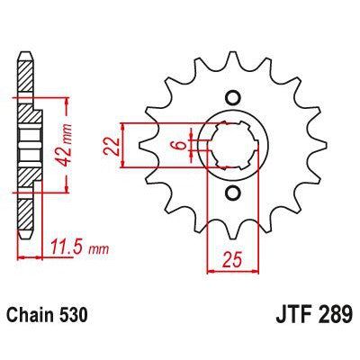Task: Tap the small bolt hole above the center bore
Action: pyautogui.click(x=232, y=98)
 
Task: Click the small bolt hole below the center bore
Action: pyautogui.click(x=232, y=193)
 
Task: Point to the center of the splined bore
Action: pyautogui.click(x=232, y=146)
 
